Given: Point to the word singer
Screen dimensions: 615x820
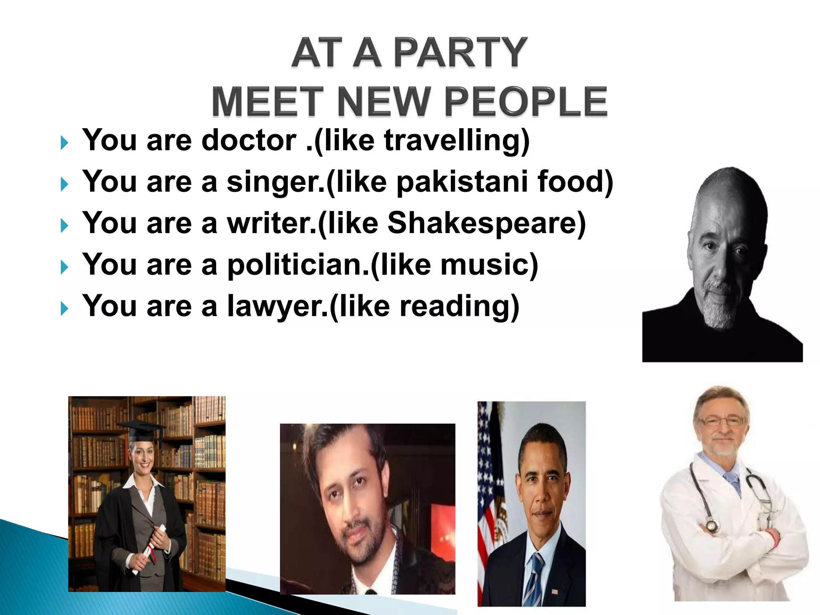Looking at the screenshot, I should coord(275,183).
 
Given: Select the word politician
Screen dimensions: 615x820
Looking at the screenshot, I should coord(298,265).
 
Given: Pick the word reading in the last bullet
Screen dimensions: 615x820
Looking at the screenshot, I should coord(456,307).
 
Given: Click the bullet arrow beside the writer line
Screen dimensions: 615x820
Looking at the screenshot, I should coord(64,226).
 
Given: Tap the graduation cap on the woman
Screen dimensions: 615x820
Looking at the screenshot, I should coord(141,428).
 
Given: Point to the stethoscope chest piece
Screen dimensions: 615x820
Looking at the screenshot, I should coord(711,525).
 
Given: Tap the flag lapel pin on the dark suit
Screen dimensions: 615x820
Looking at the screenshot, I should coord(555,591).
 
